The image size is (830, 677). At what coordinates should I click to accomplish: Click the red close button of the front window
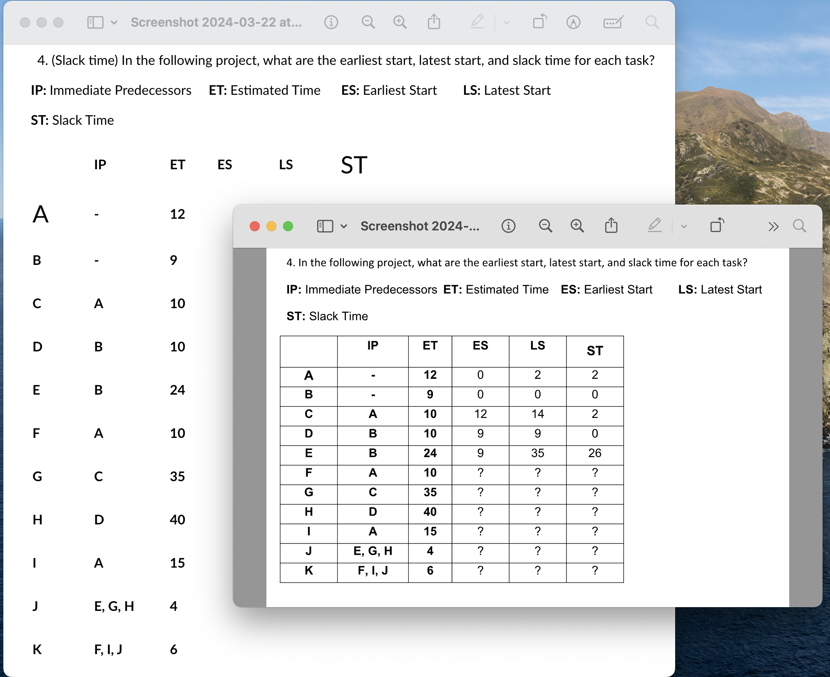255,226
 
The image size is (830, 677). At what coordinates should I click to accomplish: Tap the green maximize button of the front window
288,226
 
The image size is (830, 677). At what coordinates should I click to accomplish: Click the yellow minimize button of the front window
271,226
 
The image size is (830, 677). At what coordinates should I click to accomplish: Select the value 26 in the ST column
594,453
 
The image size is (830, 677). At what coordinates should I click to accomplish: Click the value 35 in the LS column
537,453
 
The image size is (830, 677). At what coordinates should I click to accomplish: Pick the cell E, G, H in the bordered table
373,551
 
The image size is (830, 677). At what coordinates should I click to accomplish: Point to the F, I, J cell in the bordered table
373,571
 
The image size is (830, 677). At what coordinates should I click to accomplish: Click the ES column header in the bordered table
480,346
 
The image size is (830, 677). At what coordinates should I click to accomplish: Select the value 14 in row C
537,414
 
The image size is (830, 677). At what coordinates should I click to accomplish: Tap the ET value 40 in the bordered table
430,512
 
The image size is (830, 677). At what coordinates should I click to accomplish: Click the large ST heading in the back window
354,165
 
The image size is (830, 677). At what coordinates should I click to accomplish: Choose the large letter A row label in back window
41,215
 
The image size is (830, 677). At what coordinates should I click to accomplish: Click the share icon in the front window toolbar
611,226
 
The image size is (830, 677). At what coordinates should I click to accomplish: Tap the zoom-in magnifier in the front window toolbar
577,226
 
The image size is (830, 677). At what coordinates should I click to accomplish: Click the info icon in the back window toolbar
331,22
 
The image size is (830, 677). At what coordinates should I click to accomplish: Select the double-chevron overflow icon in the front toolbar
773,227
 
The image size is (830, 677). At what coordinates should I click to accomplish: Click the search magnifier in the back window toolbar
652,22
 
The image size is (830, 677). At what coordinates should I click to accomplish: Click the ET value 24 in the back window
177,390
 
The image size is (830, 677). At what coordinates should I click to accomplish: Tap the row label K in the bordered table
308,571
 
